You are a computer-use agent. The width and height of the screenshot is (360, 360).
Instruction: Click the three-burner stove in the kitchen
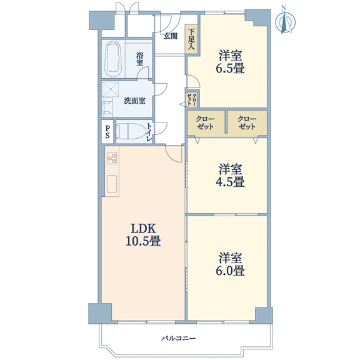coord(112,158)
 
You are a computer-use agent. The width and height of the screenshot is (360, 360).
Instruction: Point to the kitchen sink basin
coord(112,184)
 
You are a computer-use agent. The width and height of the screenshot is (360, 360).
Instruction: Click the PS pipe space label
coord(107,131)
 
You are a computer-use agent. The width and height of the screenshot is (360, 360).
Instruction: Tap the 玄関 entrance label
coord(171,36)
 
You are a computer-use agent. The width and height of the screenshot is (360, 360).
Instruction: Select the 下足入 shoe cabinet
coord(191,39)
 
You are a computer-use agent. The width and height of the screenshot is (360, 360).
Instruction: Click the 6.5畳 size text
coord(230,68)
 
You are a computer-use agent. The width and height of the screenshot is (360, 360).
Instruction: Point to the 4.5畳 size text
coord(230,182)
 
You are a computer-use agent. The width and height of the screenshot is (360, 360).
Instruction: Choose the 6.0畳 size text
coord(230,271)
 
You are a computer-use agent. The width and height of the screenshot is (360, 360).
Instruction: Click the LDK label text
coord(144,229)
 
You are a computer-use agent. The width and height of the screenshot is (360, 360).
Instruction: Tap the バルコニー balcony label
coord(178,338)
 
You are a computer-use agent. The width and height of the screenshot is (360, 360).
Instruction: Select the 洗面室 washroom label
coord(134,101)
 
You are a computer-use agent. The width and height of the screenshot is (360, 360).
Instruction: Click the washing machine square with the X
coord(111,89)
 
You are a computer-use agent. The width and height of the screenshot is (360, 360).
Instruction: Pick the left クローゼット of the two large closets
coord(206,122)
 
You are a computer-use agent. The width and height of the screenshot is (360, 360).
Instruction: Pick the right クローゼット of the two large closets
coord(247,122)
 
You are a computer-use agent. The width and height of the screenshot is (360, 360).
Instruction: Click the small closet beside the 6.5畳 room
coord(191,99)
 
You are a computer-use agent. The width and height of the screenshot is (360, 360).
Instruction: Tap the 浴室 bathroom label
coord(139,59)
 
